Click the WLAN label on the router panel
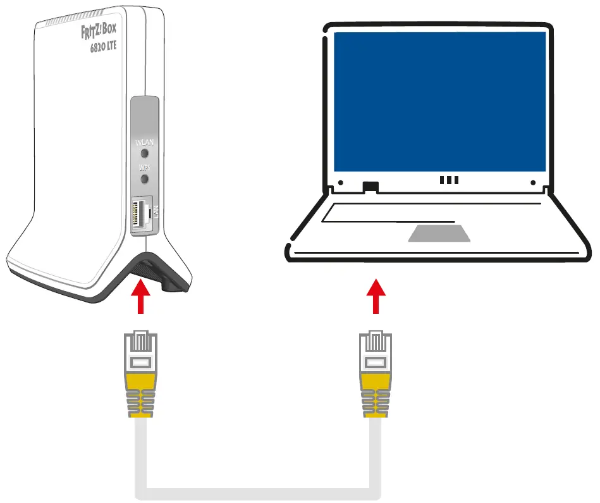click(x=144, y=142)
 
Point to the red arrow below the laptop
click(x=376, y=296)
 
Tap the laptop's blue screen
click(x=439, y=101)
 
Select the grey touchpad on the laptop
click(x=439, y=233)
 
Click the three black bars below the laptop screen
click(x=449, y=180)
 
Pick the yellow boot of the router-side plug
click(x=140, y=381)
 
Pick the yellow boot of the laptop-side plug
click(x=375, y=381)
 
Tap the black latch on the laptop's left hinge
click(x=370, y=186)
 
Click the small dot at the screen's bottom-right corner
click(x=533, y=183)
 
